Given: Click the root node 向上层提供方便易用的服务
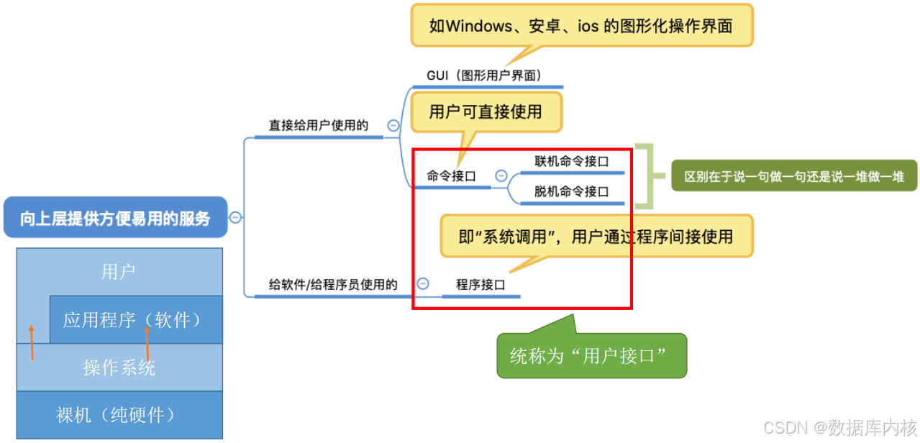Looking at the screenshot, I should point(115,218).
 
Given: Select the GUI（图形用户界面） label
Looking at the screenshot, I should point(483,75).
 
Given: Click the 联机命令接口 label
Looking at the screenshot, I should point(571,161).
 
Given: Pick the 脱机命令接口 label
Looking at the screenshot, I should point(571,192).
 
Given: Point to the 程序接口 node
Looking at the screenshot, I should point(481,285).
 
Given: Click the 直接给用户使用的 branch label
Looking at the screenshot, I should point(319,125).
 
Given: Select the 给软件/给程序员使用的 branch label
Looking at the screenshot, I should point(333,285).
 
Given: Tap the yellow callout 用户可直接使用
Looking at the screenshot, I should point(485,111).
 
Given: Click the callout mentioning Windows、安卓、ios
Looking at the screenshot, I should point(581,26).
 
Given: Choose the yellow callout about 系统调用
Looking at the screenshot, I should point(596,236).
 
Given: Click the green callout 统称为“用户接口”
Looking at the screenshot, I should point(591,355).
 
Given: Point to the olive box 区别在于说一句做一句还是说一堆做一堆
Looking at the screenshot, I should point(794,175).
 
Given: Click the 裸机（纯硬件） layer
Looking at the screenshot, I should point(119,415).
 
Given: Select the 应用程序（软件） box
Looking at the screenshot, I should point(135,319).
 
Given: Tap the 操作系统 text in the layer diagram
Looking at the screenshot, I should point(119,367).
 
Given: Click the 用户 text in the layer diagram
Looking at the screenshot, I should point(119,272).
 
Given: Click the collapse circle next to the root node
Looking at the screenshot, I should point(235,218).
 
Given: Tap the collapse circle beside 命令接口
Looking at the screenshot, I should point(501,176).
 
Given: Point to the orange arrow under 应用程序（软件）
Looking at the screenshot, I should point(147,342).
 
